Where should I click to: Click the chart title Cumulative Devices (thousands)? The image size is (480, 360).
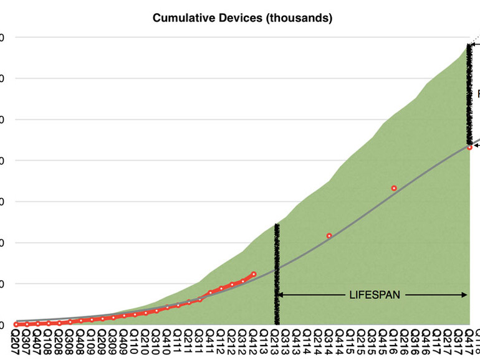(x=242, y=18)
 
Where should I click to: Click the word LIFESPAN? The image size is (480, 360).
(x=375, y=295)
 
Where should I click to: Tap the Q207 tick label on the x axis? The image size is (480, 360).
(x=16, y=342)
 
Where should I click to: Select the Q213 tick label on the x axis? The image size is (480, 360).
(x=276, y=342)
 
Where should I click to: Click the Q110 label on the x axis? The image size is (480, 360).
(x=135, y=342)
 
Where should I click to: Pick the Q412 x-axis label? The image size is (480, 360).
(x=254, y=342)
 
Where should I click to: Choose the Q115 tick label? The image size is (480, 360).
(x=352, y=342)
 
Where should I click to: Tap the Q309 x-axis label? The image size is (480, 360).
(x=113, y=342)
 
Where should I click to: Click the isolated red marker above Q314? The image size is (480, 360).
(x=329, y=235)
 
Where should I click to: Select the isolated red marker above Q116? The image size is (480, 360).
(x=394, y=188)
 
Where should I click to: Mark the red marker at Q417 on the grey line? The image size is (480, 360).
(x=469, y=147)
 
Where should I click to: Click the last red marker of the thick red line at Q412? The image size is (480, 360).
(x=253, y=274)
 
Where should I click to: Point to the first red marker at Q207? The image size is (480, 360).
(x=16, y=324)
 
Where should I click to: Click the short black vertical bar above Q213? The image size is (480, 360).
(x=277, y=274)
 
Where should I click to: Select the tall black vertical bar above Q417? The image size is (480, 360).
(x=469, y=93)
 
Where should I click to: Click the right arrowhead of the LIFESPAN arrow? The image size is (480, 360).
(x=464, y=295)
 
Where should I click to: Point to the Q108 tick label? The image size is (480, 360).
(x=49, y=342)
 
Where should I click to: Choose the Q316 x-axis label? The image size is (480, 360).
(x=416, y=342)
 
